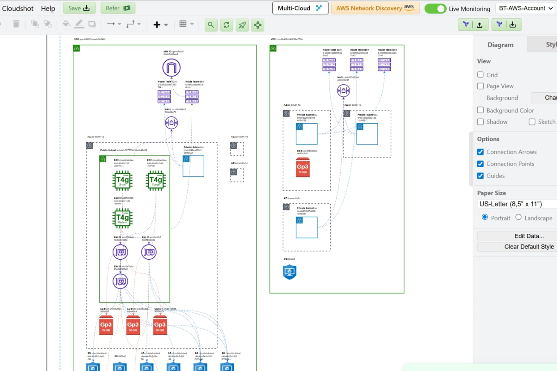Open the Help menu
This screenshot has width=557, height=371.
[x=48, y=8]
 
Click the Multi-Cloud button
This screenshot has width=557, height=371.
[x=300, y=8]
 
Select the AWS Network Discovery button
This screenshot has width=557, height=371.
[x=375, y=8]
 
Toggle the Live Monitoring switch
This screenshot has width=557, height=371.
[x=435, y=8]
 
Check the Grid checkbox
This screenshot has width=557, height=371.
[x=481, y=75]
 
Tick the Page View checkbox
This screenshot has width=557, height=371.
[x=481, y=86]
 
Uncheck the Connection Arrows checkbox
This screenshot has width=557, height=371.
[x=481, y=152]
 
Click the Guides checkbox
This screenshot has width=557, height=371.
[x=481, y=176]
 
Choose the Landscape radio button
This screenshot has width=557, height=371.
[x=519, y=217]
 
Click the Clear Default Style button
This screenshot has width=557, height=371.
[x=529, y=247]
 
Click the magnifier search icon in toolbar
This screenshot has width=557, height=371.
[x=211, y=25]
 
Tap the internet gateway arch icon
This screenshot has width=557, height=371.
[x=171, y=68]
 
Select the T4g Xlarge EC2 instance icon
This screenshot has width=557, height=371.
[x=156, y=181]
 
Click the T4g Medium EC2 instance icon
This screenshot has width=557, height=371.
[x=123, y=218]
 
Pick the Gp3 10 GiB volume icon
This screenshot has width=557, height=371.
[x=302, y=168]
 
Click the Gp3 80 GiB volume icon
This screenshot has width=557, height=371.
[x=160, y=325]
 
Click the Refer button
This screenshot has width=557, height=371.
[x=118, y=8]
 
